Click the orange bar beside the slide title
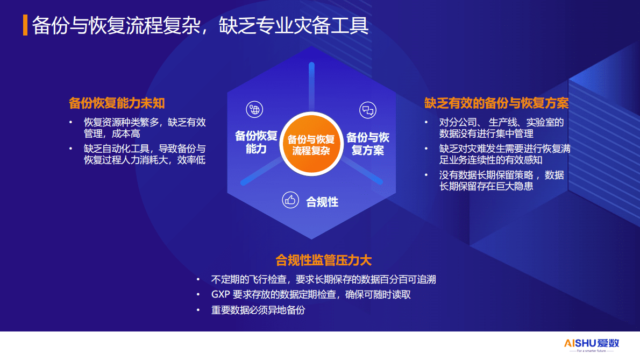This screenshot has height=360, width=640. pos(25,25)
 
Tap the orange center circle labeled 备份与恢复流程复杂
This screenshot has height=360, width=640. pos(311,145)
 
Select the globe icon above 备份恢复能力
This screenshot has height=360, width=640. pos(254,110)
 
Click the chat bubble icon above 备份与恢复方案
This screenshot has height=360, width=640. pos(368,110)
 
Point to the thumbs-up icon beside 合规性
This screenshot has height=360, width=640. pos(290,201)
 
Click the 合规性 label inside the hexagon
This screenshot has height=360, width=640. pos(322,202)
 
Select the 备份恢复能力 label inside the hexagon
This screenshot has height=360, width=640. pos(256,142)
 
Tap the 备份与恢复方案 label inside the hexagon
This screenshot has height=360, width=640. pos(368,143)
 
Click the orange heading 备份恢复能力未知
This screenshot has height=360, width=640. pos(117,103)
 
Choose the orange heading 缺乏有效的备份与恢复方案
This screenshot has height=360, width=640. pos(496,103)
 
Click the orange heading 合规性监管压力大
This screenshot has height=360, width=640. pos(323,260)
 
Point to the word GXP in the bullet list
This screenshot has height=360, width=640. pos(221,295)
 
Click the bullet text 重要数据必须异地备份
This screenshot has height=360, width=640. pos(258,310)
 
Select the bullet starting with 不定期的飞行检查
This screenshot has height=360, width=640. pos(323,279)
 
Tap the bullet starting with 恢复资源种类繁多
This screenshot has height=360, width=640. pos(145,128)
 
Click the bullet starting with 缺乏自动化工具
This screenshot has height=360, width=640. pos(145,154)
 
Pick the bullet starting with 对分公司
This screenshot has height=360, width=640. pos(501,128)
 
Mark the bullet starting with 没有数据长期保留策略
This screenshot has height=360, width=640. pos(501,180)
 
